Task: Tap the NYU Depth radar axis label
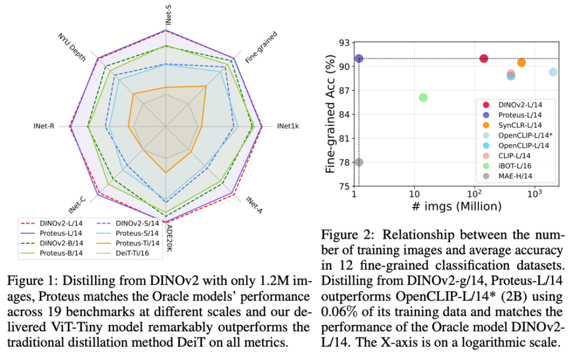point(71,47)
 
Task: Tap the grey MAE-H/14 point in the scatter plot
point(359,162)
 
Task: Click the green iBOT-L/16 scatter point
point(423,97)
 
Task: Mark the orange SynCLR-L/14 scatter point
point(521,62)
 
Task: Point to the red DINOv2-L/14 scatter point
point(483,58)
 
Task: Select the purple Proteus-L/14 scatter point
point(359,58)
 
